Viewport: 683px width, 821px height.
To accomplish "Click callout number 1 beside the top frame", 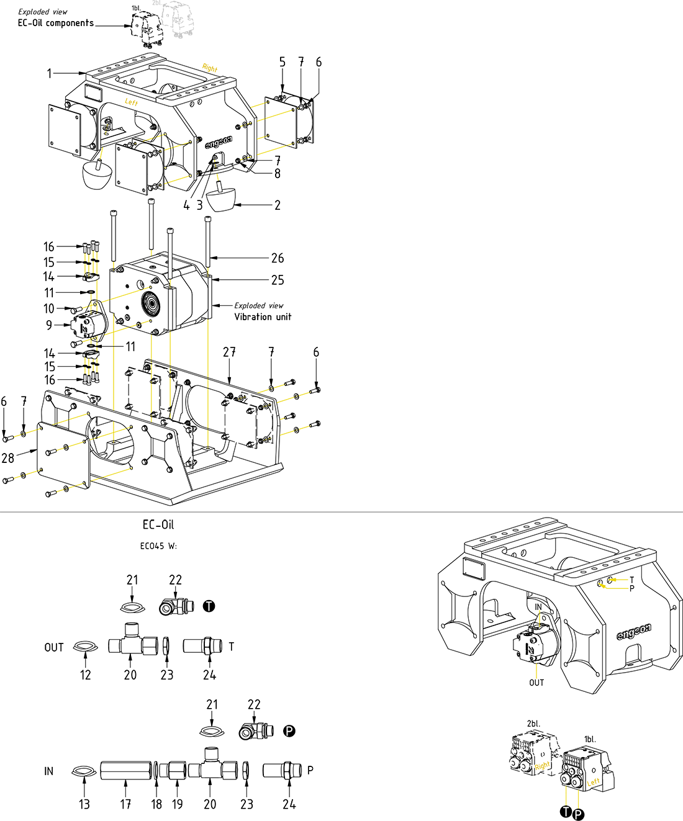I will tap(50, 73).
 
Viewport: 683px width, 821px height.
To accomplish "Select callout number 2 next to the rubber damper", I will tap(277, 205).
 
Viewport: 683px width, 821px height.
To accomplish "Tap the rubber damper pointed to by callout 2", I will tap(221, 199).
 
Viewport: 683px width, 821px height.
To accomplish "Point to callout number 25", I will tap(277, 280).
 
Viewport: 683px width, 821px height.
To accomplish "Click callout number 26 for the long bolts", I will tap(277, 258).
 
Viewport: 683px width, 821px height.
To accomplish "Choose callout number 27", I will tap(229, 352).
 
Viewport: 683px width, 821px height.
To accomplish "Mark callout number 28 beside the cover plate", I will tap(8, 458).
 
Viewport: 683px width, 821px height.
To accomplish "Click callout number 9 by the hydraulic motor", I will tap(49, 325).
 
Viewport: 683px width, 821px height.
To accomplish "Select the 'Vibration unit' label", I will tap(262, 316).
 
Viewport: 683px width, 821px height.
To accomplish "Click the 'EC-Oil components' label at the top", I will tap(56, 23).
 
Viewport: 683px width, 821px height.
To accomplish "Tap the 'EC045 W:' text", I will tap(158, 546).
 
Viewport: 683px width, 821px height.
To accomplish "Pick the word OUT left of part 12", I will tap(54, 647).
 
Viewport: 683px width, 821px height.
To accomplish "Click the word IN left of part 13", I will tap(48, 771).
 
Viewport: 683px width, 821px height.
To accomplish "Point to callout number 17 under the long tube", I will tap(125, 804).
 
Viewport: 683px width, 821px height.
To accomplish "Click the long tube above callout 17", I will tap(125, 771).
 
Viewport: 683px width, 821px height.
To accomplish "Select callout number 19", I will tap(178, 804).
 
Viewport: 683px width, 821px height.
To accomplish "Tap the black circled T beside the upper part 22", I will tap(209, 606).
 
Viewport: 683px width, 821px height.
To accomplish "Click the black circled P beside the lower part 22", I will tap(289, 731).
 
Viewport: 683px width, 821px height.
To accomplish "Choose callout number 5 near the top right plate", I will tap(282, 62).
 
